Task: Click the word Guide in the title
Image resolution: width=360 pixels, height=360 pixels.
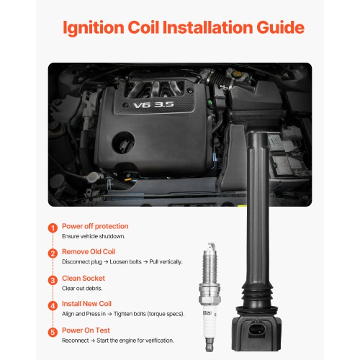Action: pyautogui.click(x=280, y=28)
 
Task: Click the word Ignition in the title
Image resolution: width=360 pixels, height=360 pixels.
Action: pyautogui.click(x=94, y=28)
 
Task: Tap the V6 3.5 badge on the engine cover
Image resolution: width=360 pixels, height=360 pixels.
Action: pyautogui.click(x=153, y=104)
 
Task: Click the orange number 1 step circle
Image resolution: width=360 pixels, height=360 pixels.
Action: pyautogui.click(x=53, y=228)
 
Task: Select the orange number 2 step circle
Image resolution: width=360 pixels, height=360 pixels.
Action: pyautogui.click(x=53, y=253)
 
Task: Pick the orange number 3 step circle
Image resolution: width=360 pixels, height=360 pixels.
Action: pyautogui.click(x=53, y=280)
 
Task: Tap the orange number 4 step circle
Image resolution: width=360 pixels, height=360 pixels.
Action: pyautogui.click(x=53, y=306)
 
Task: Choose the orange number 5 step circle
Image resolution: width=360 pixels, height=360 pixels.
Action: pyautogui.click(x=53, y=332)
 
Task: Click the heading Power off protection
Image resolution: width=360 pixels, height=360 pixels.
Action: pyautogui.click(x=95, y=226)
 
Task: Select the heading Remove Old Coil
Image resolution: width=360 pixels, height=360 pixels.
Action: pyautogui.click(x=89, y=251)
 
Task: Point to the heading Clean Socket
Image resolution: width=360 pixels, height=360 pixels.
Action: pyautogui.click(x=84, y=278)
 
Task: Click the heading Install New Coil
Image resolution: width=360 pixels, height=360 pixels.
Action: pyautogui.click(x=86, y=304)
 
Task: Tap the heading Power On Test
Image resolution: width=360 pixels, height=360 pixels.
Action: pyautogui.click(x=86, y=330)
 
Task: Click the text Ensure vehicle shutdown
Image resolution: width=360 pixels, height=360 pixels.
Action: pyautogui.click(x=94, y=236)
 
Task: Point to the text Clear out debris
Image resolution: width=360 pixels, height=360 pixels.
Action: pyautogui.click(x=82, y=288)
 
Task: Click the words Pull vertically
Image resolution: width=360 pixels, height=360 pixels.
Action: pyautogui.click(x=166, y=261)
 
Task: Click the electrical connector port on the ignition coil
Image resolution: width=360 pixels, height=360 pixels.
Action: pyautogui.click(x=257, y=330)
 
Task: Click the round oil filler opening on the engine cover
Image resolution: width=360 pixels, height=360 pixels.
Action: pyautogui.click(x=123, y=143)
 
